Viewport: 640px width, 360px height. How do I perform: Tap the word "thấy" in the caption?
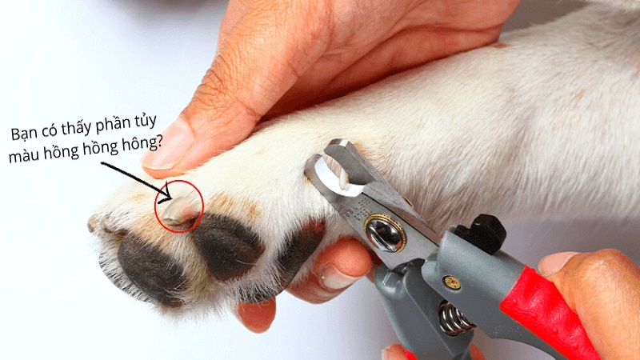coord(77,128)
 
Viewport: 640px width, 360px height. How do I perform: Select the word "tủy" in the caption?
coord(146,122)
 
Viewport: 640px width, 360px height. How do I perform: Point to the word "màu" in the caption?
coord(22,155)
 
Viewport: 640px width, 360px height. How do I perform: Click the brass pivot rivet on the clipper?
coord(384,234)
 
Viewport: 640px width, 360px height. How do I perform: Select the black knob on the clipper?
coord(483,233)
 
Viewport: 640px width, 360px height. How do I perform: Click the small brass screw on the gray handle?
coord(451,282)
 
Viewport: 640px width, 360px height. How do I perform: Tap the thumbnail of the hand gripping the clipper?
coord(558,263)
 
